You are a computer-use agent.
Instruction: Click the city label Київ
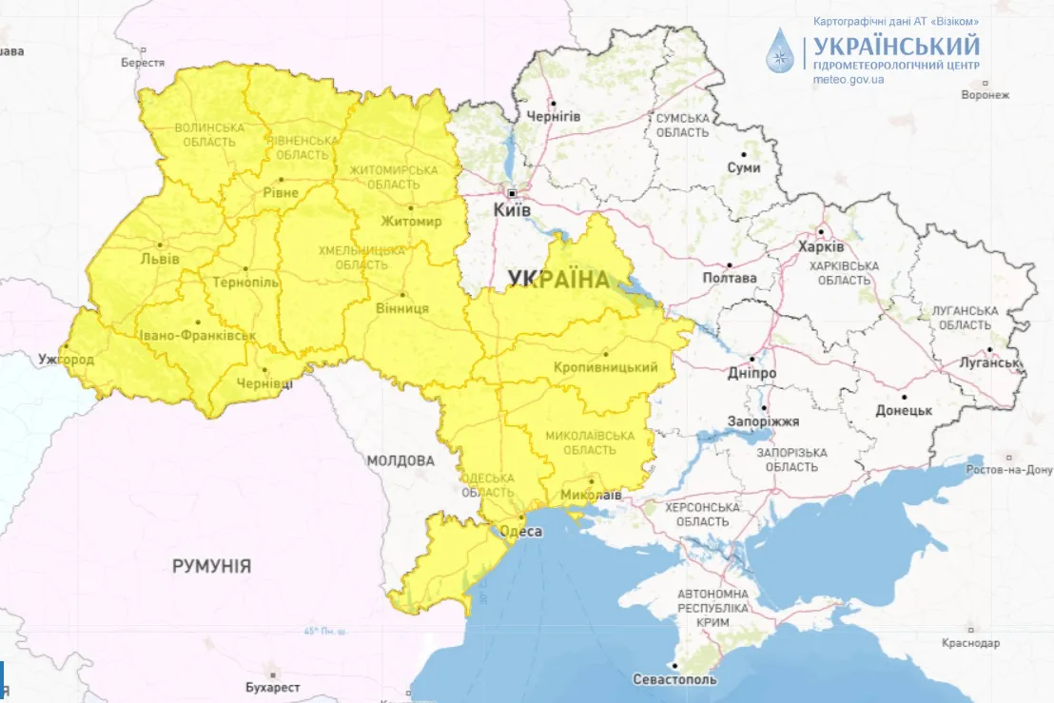(x=512, y=209)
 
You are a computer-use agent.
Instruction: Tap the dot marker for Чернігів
(x=553, y=103)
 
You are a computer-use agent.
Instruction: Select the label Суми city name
(x=743, y=167)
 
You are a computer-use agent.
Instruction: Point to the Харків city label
(x=821, y=246)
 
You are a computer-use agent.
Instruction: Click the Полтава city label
(x=729, y=279)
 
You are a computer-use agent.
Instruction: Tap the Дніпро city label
(x=753, y=374)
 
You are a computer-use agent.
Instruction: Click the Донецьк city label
(x=903, y=411)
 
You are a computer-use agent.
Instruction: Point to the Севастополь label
(x=673, y=680)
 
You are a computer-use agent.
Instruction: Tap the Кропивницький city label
(x=606, y=367)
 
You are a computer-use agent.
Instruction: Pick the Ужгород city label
(x=66, y=361)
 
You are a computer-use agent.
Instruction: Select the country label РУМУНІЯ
(x=211, y=566)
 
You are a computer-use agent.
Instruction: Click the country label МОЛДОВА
(x=400, y=460)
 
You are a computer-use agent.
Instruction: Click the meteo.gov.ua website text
(x=849, y=80)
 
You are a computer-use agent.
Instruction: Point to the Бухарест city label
(x=272, y=687)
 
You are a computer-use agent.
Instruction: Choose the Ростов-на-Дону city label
(x=1009, y=470)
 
